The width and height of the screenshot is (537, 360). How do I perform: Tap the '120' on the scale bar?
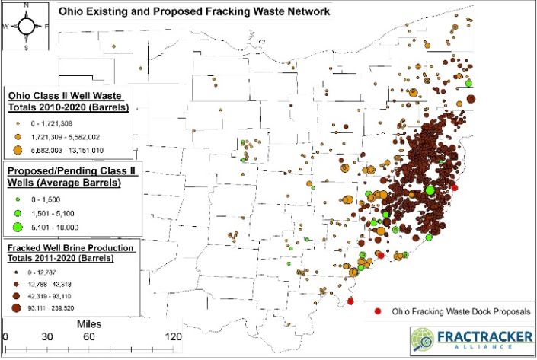tap(174, 337)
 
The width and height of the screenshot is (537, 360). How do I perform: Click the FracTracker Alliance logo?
tap(471, 339)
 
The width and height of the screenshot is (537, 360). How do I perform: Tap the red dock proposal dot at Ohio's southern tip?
tap(350, 301)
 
